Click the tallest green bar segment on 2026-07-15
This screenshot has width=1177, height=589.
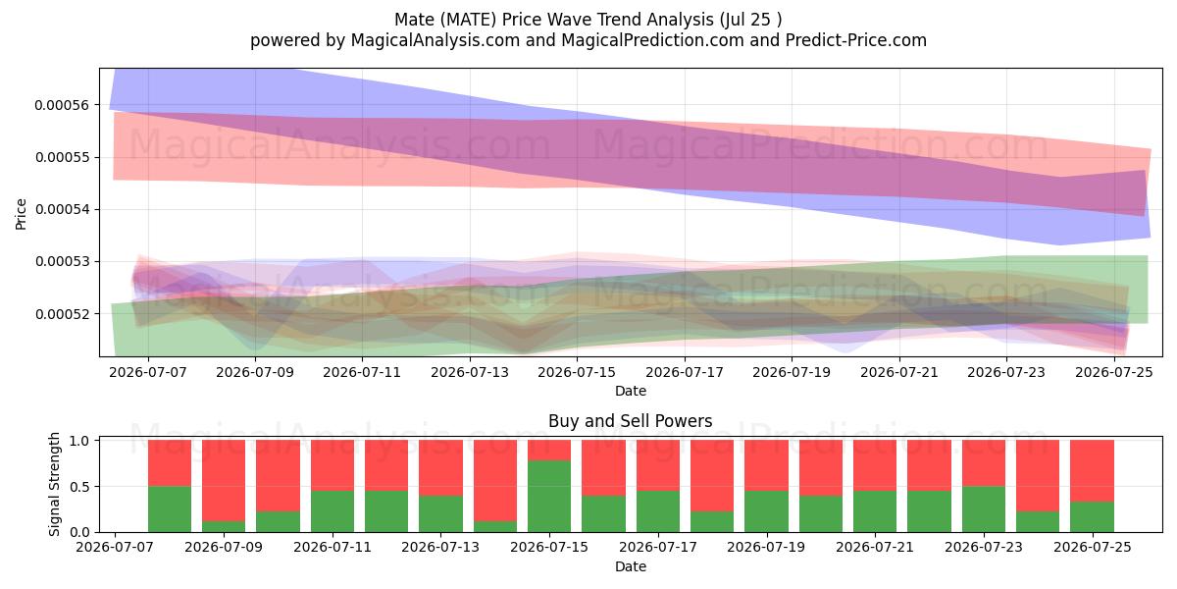pyautogui.click(x=549, y=497)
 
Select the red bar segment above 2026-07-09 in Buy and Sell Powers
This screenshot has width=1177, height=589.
pyautogui.click(x=224, y=481)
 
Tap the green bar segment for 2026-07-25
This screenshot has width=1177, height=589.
pyautogui.click(x=1093, y=517)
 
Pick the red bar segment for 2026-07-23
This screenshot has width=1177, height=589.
pyautogui.click(x=984, y=463)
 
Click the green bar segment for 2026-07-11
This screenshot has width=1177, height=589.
pyautogui.click(x=333, y=511)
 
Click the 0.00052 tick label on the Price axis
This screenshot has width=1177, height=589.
pyautogui.click(x=62, y=314)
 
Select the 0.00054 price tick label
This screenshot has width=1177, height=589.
pyautogui.click(x=62, y=210)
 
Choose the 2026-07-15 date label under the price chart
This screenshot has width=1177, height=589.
pyautogui.click(x=577, y=372)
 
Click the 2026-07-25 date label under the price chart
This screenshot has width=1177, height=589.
pyautogui.click(x=1114, y=372)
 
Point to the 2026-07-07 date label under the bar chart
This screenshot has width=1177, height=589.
pyautogui.click(x=115, y=548)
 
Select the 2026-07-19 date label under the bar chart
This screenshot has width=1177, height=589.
pyautogui.click(x=766, y=548)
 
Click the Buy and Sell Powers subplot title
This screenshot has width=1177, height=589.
pyautogui.click(x=631, y=421)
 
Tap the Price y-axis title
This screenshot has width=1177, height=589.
pyautogui.click(x=21, y=214)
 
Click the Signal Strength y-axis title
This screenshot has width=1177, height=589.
pyautogui.click(x=54, y=484)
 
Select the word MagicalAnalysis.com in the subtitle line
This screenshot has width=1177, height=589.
pyautogui.click(x=435, y=40)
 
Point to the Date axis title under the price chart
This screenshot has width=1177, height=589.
pyautogui.click(x=631, y=392)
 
